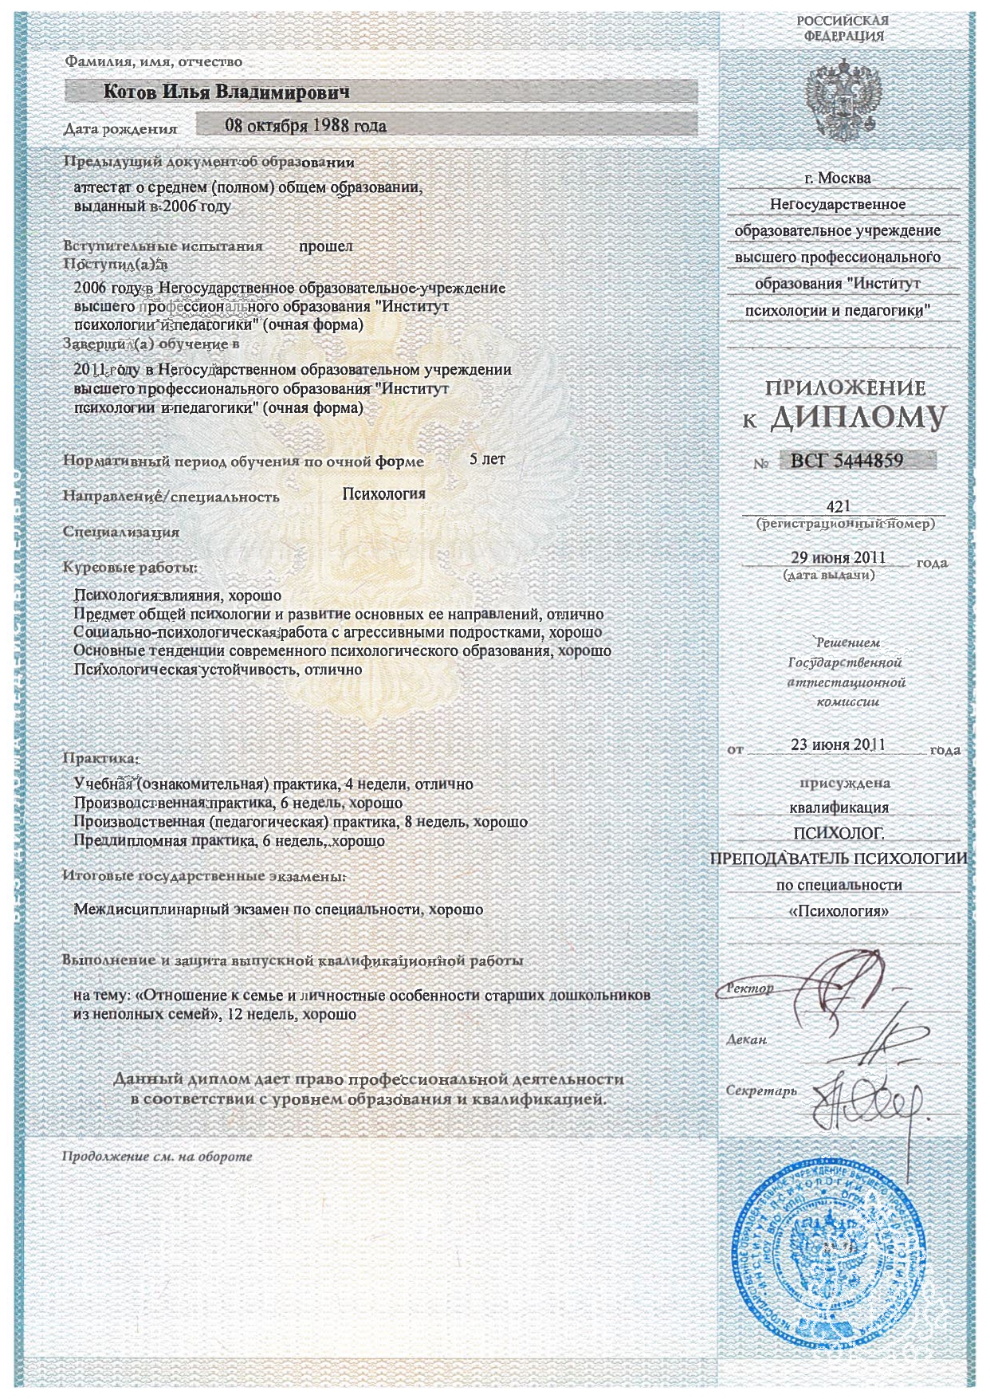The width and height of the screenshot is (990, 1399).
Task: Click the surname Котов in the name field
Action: click(x=131, y=92)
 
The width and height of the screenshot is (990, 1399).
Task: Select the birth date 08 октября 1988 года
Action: click(x=305, y=125)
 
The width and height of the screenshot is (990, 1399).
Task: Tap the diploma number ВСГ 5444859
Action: click(x=847, y=460)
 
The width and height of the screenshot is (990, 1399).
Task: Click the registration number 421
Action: click(x=839, y=506)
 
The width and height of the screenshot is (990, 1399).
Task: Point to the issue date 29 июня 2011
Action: click(x=838, y=557)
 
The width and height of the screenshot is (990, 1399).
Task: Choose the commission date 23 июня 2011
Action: click(x=838, y=745)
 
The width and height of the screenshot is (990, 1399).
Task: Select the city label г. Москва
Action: click(x=837, y=178)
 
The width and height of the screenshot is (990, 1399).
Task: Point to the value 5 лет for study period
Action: click(x=487, y=459)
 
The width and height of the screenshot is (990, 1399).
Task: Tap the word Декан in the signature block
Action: click(x=746, y=1039)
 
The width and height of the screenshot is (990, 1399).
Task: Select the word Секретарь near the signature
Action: click(x=761, y=1091)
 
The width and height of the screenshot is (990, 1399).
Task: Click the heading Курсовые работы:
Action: click(x=130, y=568)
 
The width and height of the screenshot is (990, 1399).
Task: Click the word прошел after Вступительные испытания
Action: click(x=325, y=246)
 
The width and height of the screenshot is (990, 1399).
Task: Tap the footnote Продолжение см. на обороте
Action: click(x=157, y=1156)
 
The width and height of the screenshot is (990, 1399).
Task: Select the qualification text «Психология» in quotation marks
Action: click(x=838, y=911)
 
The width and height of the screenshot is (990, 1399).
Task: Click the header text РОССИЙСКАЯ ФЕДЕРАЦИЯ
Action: click(x=843, y=28)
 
